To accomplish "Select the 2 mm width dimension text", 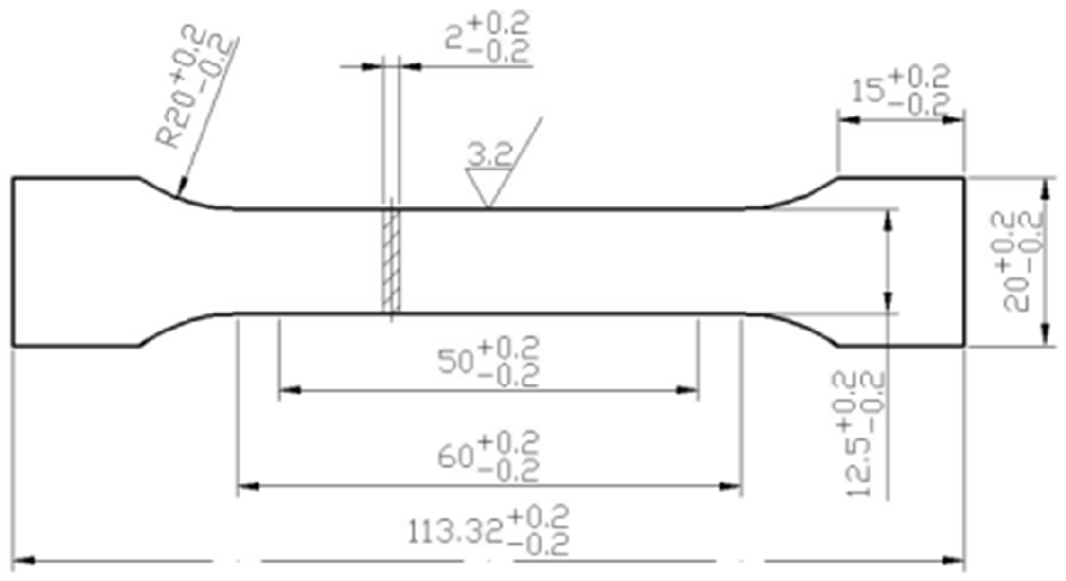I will [488, 39].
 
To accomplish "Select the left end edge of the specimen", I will [13, 261].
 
